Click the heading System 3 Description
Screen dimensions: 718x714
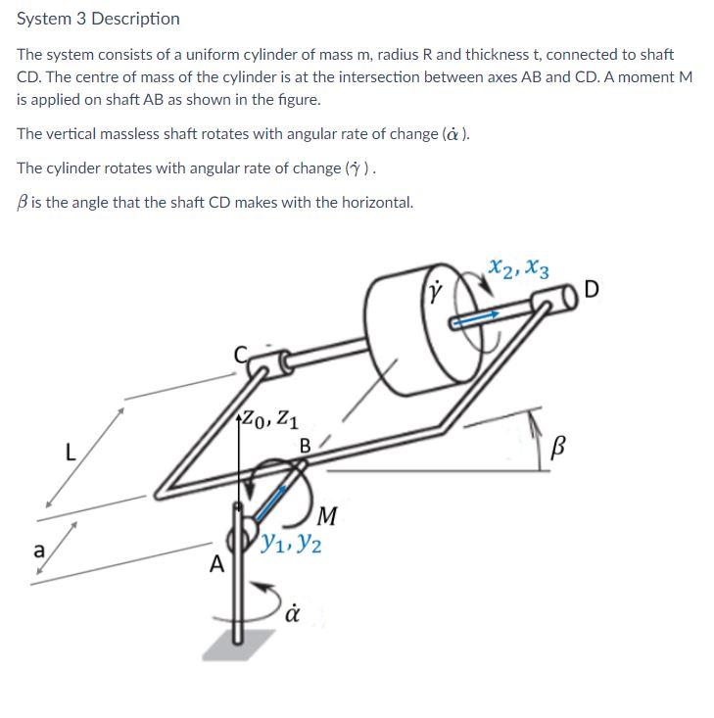[98, 19]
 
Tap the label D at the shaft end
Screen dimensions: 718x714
[591, 289]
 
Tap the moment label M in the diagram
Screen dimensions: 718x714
[328, 514]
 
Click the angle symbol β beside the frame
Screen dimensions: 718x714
[559, 449]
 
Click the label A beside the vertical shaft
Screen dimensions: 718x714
[216, 565]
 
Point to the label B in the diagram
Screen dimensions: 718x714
[305, 446]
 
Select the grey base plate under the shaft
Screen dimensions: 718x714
[240, 644]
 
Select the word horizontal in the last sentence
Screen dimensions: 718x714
[376, 203]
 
